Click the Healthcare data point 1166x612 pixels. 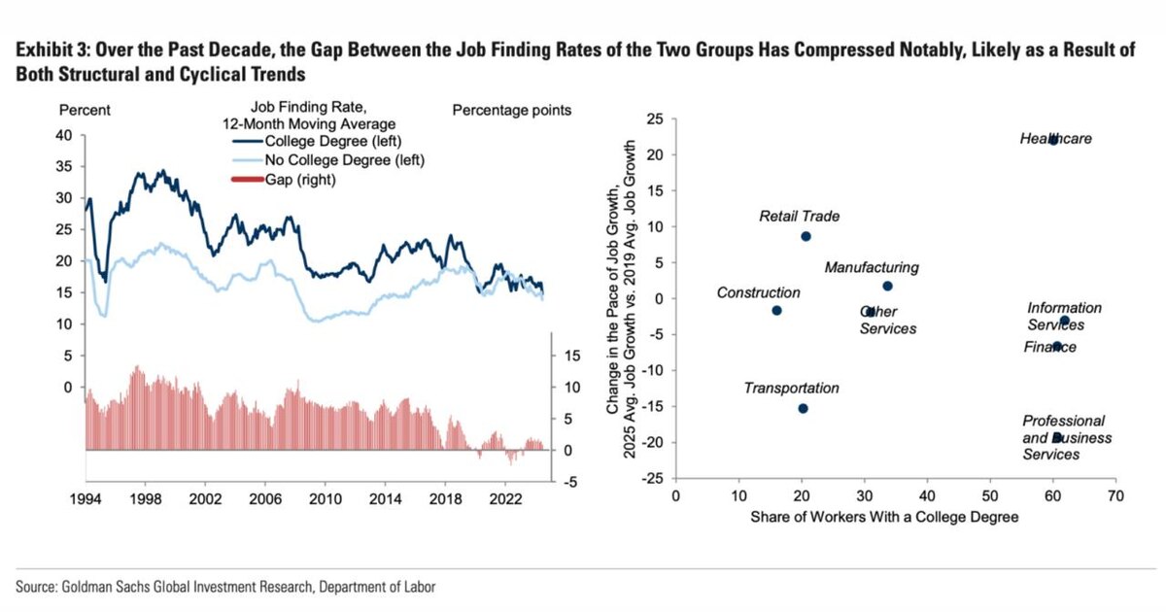pos(1053,140)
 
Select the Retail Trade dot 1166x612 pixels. pos(806,236)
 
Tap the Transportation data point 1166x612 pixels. pos(803,408)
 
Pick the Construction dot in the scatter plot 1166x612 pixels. pos(776,310)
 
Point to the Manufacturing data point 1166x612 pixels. pos(887,286)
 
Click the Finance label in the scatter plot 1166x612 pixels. pos(1049,347)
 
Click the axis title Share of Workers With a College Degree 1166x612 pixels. pos(884,517)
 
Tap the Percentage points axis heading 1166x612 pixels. pos(512,111)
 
